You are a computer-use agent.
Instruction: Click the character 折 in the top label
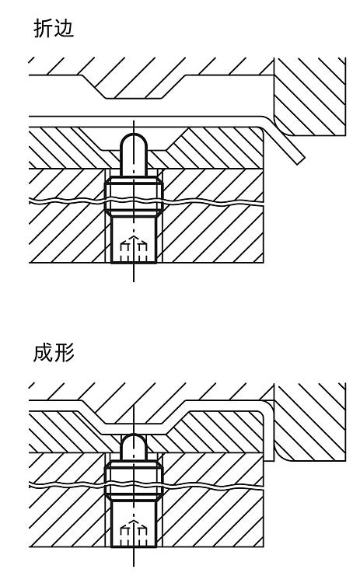click(43, 28)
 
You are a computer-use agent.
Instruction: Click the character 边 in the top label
click(64, 28)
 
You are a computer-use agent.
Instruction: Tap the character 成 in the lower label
click(43, 352)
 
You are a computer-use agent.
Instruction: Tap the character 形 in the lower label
click(64, 352)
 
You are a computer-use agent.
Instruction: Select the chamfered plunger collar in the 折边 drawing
click(134, 197)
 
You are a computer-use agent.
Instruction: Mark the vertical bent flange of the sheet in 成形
click(268, 431)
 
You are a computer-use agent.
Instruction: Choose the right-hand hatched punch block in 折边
click(309, 96)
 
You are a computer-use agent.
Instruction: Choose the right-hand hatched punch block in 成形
click(309, 421)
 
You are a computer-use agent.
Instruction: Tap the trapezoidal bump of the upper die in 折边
click(133, 86)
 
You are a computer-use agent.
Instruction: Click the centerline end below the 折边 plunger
click(134, 281)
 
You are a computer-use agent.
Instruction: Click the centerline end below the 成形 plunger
click(134, 565)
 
